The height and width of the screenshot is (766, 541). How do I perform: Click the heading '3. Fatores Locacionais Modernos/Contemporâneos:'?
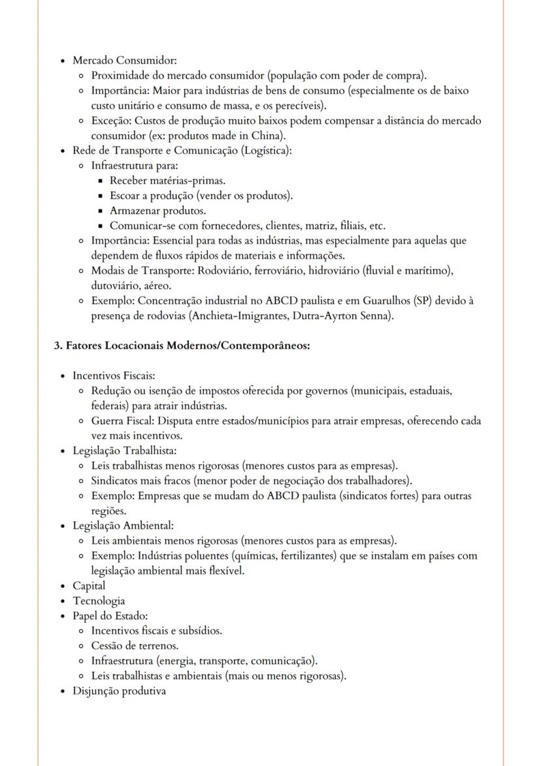182,345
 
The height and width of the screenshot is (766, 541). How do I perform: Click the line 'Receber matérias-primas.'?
168,181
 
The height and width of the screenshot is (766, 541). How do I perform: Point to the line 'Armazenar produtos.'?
157,211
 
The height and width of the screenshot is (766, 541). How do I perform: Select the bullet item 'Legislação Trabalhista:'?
125,451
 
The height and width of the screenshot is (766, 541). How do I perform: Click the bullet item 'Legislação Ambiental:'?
123,526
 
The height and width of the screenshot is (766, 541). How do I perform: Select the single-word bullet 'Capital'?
89,586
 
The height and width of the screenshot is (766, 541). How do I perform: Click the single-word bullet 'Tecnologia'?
99,601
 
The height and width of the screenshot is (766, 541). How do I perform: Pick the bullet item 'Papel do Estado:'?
110,616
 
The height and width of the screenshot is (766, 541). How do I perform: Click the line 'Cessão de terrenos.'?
135,646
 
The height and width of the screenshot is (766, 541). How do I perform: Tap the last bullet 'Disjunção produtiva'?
119,691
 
